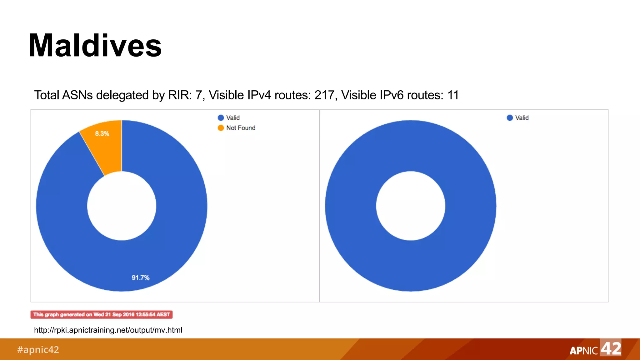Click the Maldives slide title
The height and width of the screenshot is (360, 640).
(95, 46)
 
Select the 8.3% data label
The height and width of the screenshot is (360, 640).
(102, 134)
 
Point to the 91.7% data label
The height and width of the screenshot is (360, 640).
(141, 277)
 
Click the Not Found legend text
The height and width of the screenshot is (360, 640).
(241, 128)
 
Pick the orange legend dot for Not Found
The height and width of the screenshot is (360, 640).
(221, 128)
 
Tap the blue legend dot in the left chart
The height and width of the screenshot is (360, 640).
(221, 118)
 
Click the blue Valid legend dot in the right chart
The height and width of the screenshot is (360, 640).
(510, 118)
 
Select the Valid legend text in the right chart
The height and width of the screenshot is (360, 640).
(522, 118)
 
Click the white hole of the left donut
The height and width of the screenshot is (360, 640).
(122, 206)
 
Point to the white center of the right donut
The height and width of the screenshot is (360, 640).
(411, 206)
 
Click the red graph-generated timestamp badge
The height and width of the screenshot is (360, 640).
(102, 314)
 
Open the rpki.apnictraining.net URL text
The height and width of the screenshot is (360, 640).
(108, 330)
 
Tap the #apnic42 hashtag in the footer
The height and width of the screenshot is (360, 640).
(38, 349)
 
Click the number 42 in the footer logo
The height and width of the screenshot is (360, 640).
(611, 348)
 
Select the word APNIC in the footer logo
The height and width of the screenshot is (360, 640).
(583, 351)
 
